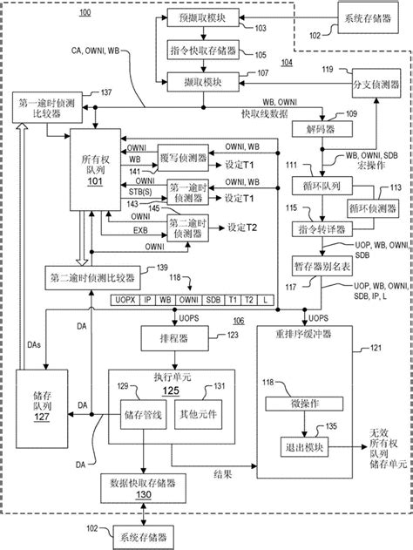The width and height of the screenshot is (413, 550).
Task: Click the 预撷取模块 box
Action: click(x=201, y=17)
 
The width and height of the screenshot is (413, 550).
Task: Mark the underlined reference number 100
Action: click(x=84, y=12)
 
